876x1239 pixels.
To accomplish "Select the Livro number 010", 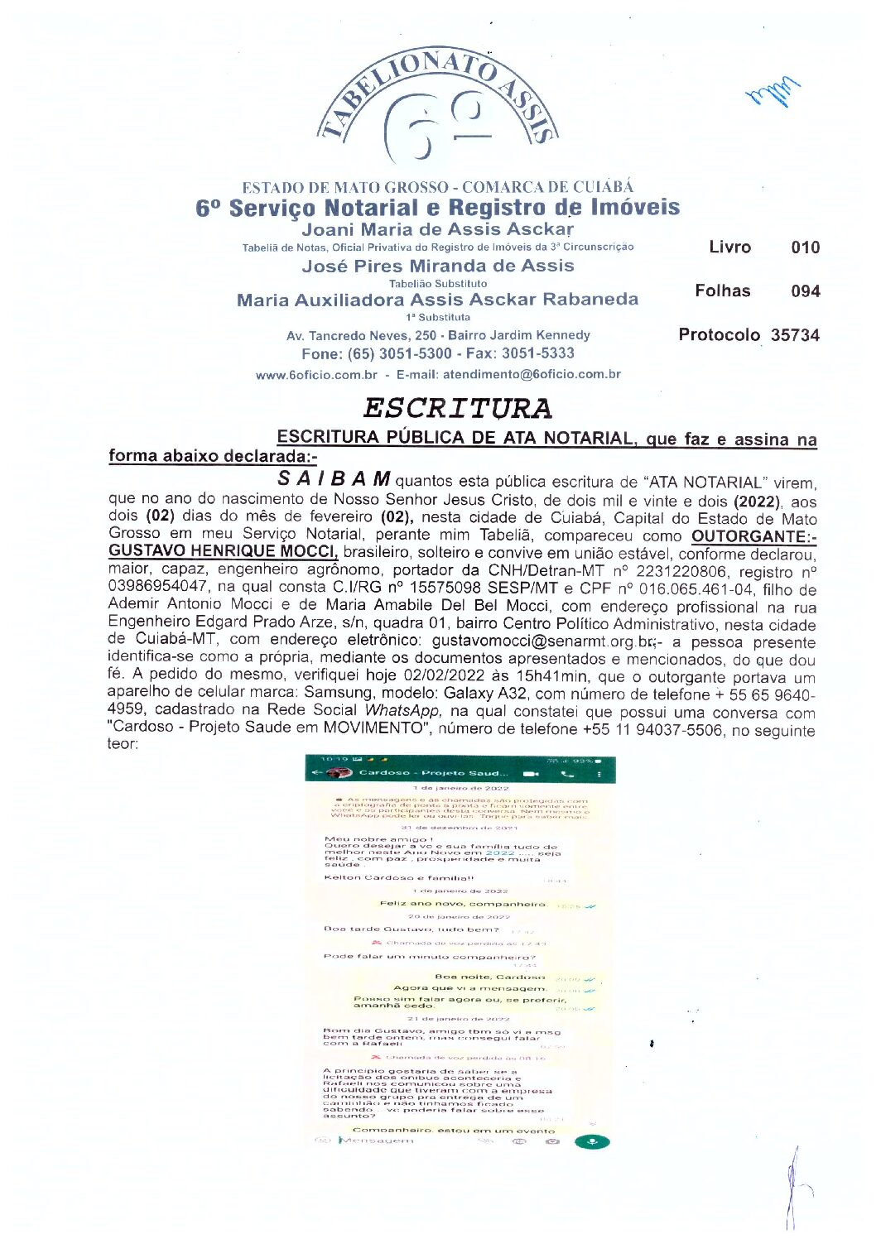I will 805,247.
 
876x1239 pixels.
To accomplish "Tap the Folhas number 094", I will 805,291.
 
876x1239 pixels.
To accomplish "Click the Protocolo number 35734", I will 795,335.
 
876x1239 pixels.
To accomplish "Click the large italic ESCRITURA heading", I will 457,408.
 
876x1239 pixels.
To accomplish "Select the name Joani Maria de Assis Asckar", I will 437,229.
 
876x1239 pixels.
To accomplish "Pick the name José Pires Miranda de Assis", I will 437,266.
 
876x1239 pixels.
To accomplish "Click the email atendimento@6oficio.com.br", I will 532,374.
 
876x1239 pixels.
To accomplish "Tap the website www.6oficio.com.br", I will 316,375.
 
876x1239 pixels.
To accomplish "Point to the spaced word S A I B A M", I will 334,479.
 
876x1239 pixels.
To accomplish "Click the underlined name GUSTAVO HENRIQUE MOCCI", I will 223,551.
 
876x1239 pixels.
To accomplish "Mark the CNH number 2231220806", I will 708,571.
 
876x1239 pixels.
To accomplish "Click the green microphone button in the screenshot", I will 591,1142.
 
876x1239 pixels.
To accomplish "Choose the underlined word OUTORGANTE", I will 750,535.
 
